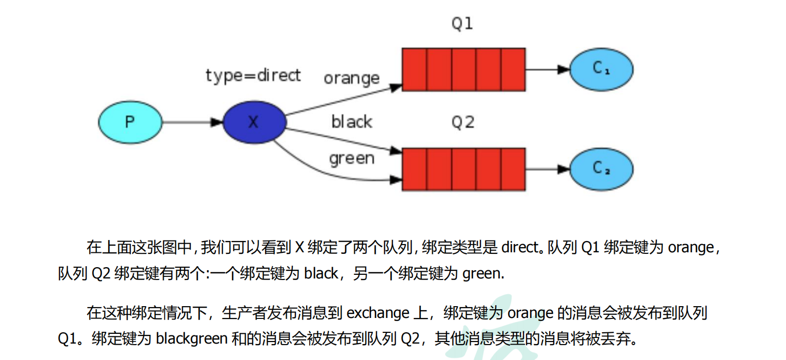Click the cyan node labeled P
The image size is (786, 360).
[x=130, y=122]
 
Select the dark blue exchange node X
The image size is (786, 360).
[x=254, y=122]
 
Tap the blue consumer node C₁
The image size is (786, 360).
[x=601, y=69]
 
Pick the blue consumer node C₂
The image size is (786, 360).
[x=601, y=169]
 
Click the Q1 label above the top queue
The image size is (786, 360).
[x=462, y=24]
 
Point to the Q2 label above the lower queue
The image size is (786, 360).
[x=462, y=123]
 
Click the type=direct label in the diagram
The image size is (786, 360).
[x=253, y=76]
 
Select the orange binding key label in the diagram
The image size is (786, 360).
[x=352, y=78]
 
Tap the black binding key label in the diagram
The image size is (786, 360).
[x=352, y=122]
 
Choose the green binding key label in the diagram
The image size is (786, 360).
[x=352, y=158]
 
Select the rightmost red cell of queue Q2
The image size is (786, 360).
[x=513, y=169]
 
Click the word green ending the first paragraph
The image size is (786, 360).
[x=482, y=274]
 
